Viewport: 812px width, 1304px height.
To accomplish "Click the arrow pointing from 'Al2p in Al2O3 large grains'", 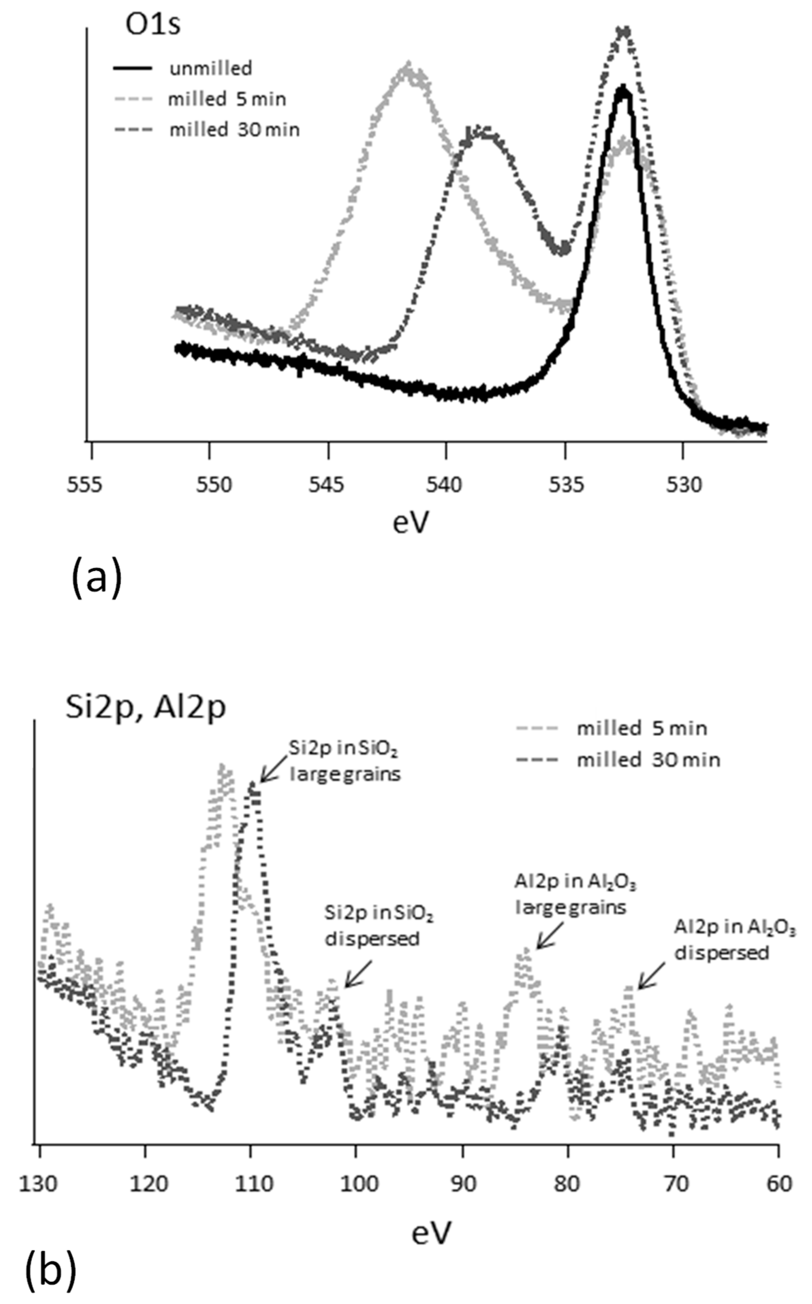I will (x=549, y=936).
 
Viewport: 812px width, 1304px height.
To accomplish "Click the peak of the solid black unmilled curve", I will (x=623, y=90).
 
